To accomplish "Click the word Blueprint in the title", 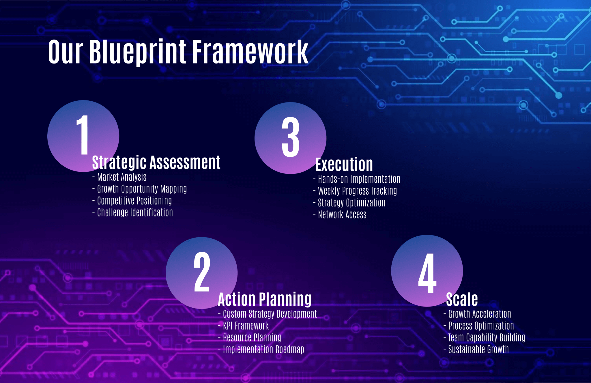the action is click(x=138, y=52).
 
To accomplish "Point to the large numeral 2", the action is click(x=202, y=272).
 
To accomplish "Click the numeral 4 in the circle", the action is click(x=427, y=273).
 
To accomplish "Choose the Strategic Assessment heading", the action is click(x=156, y=162).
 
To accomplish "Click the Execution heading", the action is click(x=344, y=165).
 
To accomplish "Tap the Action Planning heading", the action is click(x=265, y=299).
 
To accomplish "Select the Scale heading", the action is click(x=462, y=299).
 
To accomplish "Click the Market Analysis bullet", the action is click(x=119, y=177).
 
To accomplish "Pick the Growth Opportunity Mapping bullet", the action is click(x=140, y=189).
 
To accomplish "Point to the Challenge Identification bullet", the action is click(x=133, y=212).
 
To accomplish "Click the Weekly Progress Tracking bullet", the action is click(x=355, y=191).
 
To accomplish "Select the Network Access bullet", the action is click(x=340, y=214).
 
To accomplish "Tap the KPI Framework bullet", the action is click(x=244, y=326).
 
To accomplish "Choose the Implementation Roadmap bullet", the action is click(x=261, y=349).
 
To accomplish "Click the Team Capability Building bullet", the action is click(x=484, y=337).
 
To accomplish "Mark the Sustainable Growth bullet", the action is click(x=476, y=349).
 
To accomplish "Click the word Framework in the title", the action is click(x=250, y=52).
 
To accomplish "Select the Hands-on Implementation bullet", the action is click(x=357, y=179).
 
